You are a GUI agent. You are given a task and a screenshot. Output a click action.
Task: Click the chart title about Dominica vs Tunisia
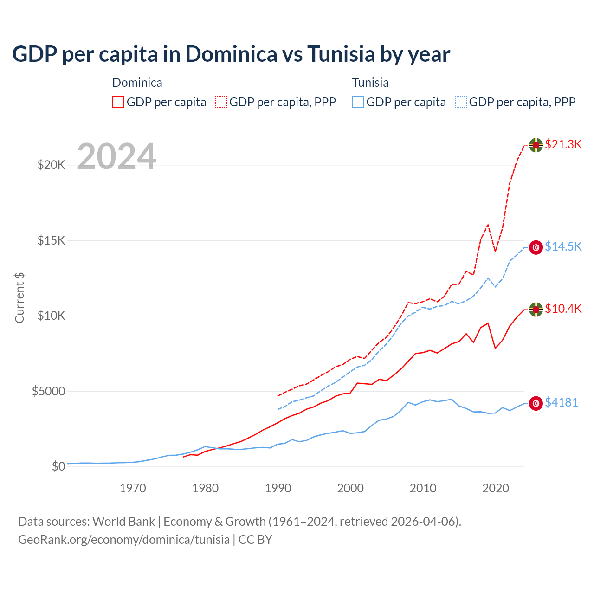[231, 54]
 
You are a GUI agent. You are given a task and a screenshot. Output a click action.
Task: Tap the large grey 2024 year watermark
[116, 156]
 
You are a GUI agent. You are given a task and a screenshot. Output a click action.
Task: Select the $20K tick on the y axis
[51, 165]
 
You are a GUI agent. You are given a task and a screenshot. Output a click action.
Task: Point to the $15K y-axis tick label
[51, 240]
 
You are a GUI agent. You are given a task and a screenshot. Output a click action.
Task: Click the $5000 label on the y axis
[48, 391]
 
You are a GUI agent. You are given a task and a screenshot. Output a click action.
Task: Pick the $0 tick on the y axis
[58, 466]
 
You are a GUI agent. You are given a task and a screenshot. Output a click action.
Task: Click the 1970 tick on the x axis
[133, 488]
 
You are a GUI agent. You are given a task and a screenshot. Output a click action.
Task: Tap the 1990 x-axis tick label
[278, 488]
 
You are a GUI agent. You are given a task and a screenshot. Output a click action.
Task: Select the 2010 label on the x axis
[423, 488]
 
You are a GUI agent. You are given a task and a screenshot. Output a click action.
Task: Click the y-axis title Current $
[19, 298]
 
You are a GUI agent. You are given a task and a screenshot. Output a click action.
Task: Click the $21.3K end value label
[563, 144]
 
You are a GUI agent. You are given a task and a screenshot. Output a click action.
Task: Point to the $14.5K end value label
[563, 246]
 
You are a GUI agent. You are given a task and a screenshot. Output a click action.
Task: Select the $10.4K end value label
[563, 309]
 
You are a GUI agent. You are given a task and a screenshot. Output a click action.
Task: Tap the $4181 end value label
[561, 402]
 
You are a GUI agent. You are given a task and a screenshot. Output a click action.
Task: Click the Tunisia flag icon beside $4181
[536, 403]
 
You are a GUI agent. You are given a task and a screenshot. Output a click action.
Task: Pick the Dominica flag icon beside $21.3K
[536, 145]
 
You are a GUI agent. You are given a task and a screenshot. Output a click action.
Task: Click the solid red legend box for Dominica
[118, 102]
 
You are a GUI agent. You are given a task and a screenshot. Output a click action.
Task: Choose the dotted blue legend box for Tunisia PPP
[461, 102]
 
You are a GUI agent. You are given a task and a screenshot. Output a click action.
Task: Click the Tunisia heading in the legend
[370, 83]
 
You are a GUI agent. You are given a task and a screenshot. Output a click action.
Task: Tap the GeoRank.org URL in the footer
[124, 540]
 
